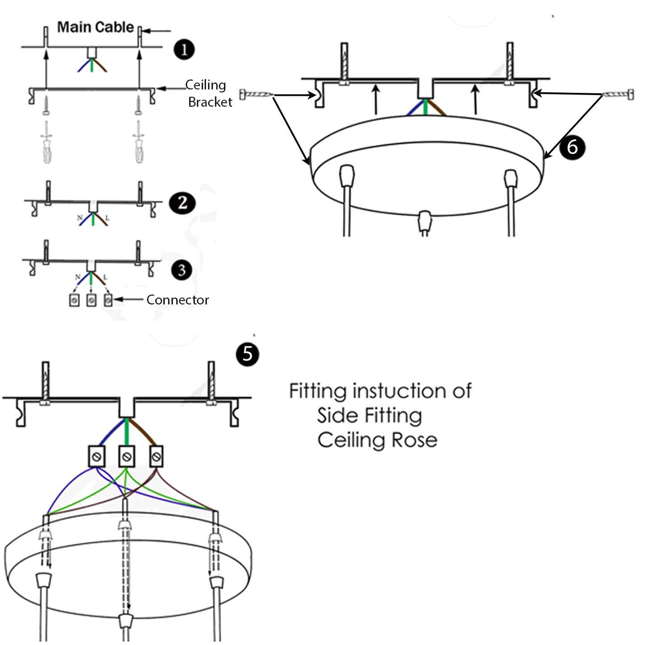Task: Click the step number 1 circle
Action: [184, 49]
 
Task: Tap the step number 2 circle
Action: [182, 203]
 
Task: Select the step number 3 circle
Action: [181, 270]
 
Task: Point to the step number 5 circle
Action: [247, 354]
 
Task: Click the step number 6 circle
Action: [572, 147]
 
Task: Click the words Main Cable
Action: [95, 27]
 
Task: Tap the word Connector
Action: [177, 300]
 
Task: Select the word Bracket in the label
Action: [210, 102]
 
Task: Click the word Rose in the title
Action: [414, 440]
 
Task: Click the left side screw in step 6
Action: [256, 94]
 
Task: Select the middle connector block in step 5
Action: [127, 456]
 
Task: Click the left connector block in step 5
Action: [96, 456]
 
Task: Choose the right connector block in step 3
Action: [108, 300]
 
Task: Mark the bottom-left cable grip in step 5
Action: [43, 581]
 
